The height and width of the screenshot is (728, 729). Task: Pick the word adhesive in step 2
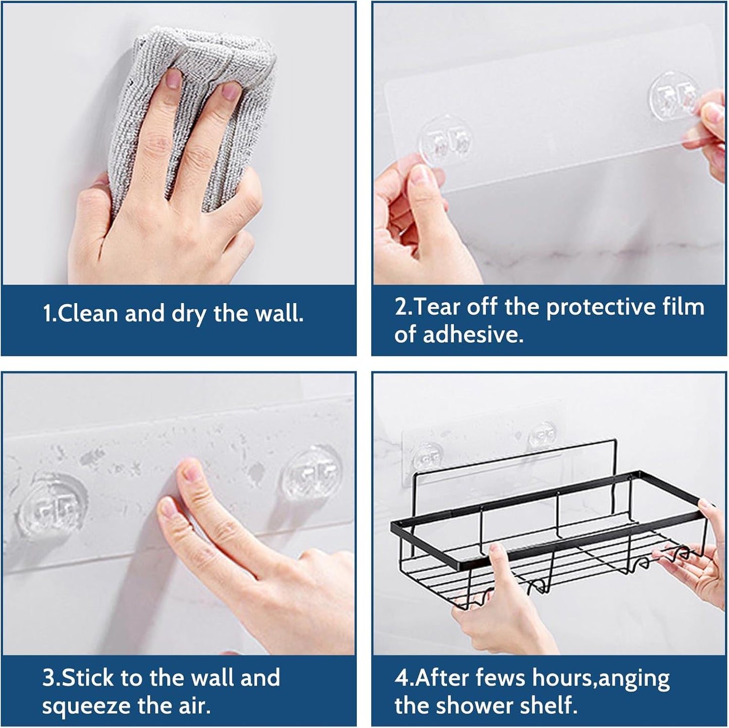click(x=472, y=335)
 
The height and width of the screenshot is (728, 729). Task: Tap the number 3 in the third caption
click(x=48, y=678)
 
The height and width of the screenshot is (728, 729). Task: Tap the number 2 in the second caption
click(x=401, y=307)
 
